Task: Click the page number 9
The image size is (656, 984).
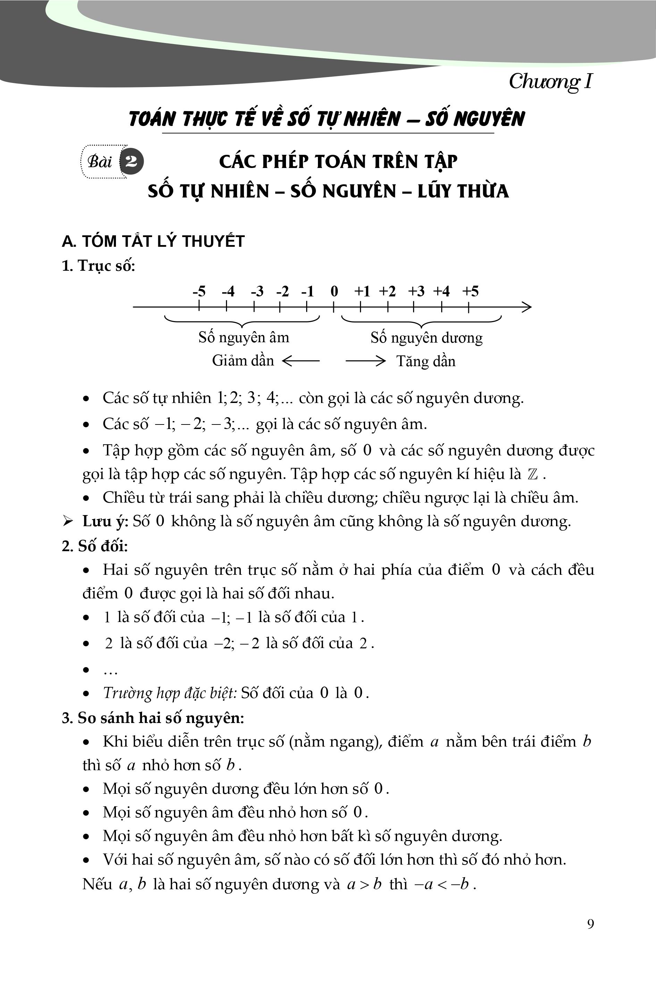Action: [x=590, y=924]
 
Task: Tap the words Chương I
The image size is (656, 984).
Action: [x=550, y=82]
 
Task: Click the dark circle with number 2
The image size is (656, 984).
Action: [x=131, y=161]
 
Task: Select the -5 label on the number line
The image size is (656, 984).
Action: [x=199, y=291]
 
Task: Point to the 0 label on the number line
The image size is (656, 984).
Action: [x=334, y=291]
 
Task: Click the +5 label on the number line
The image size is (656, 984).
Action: [x=470, y=291]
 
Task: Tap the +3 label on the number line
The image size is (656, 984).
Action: [x=416, y=291]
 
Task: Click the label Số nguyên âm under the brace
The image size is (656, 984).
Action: [x=244, y=337]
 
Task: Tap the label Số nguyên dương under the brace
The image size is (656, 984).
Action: [x=426, y=338]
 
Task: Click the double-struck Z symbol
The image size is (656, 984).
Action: [x=532, y=474]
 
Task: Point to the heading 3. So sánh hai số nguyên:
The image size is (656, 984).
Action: [x=153, y=718]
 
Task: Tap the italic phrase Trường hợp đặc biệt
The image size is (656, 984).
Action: [x=169, y=693]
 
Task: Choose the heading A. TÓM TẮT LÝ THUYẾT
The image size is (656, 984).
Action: [x=153, y=241]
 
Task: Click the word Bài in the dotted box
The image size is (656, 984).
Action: [x=100, y=161]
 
